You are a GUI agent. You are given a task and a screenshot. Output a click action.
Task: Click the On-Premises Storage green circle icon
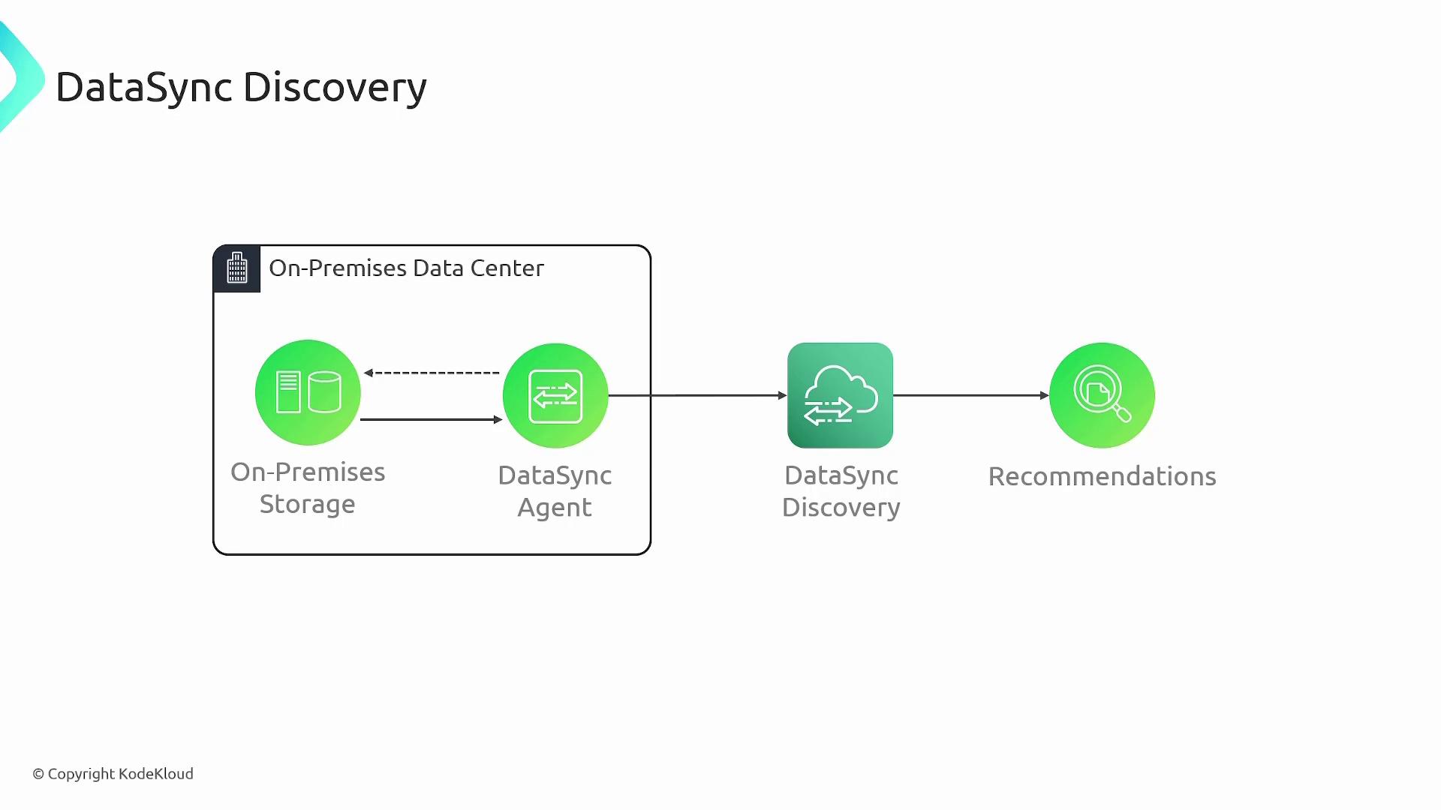(x=308, y=392)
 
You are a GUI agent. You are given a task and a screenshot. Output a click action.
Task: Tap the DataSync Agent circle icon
(x=555, y=396)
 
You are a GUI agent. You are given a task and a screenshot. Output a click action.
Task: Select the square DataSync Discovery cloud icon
(x=840, y=395)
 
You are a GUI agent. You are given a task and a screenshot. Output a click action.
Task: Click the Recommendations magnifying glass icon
(x=1102, y=395)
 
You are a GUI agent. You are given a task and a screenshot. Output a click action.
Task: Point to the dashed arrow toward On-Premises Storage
(x=432, y=373)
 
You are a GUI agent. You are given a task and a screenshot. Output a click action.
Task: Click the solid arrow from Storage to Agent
(x=432, y=419)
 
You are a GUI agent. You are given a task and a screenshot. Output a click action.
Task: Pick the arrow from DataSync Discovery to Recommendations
(x=971, y=395)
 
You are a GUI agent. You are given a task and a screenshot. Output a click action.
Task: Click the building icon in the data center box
(x=237, y=268)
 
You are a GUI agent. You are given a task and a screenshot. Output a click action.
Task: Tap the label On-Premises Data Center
(x=406, y=268)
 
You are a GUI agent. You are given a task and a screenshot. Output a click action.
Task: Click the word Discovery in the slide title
(x=335, y=88)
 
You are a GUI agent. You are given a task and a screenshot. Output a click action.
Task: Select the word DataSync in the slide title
(x=144, y=88)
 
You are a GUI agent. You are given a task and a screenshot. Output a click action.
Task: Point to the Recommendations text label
(x=1102, y=476)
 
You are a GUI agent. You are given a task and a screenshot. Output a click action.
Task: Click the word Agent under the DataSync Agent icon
(x=555, y=508)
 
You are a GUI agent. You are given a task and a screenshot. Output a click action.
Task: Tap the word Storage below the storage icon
(x=307, y=504)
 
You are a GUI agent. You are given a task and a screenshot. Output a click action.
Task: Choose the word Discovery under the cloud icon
(x=841, y=508)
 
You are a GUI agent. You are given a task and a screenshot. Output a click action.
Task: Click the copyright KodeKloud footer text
(x=113, y=774)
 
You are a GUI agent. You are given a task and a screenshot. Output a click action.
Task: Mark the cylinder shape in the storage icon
(x=324, y=392)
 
